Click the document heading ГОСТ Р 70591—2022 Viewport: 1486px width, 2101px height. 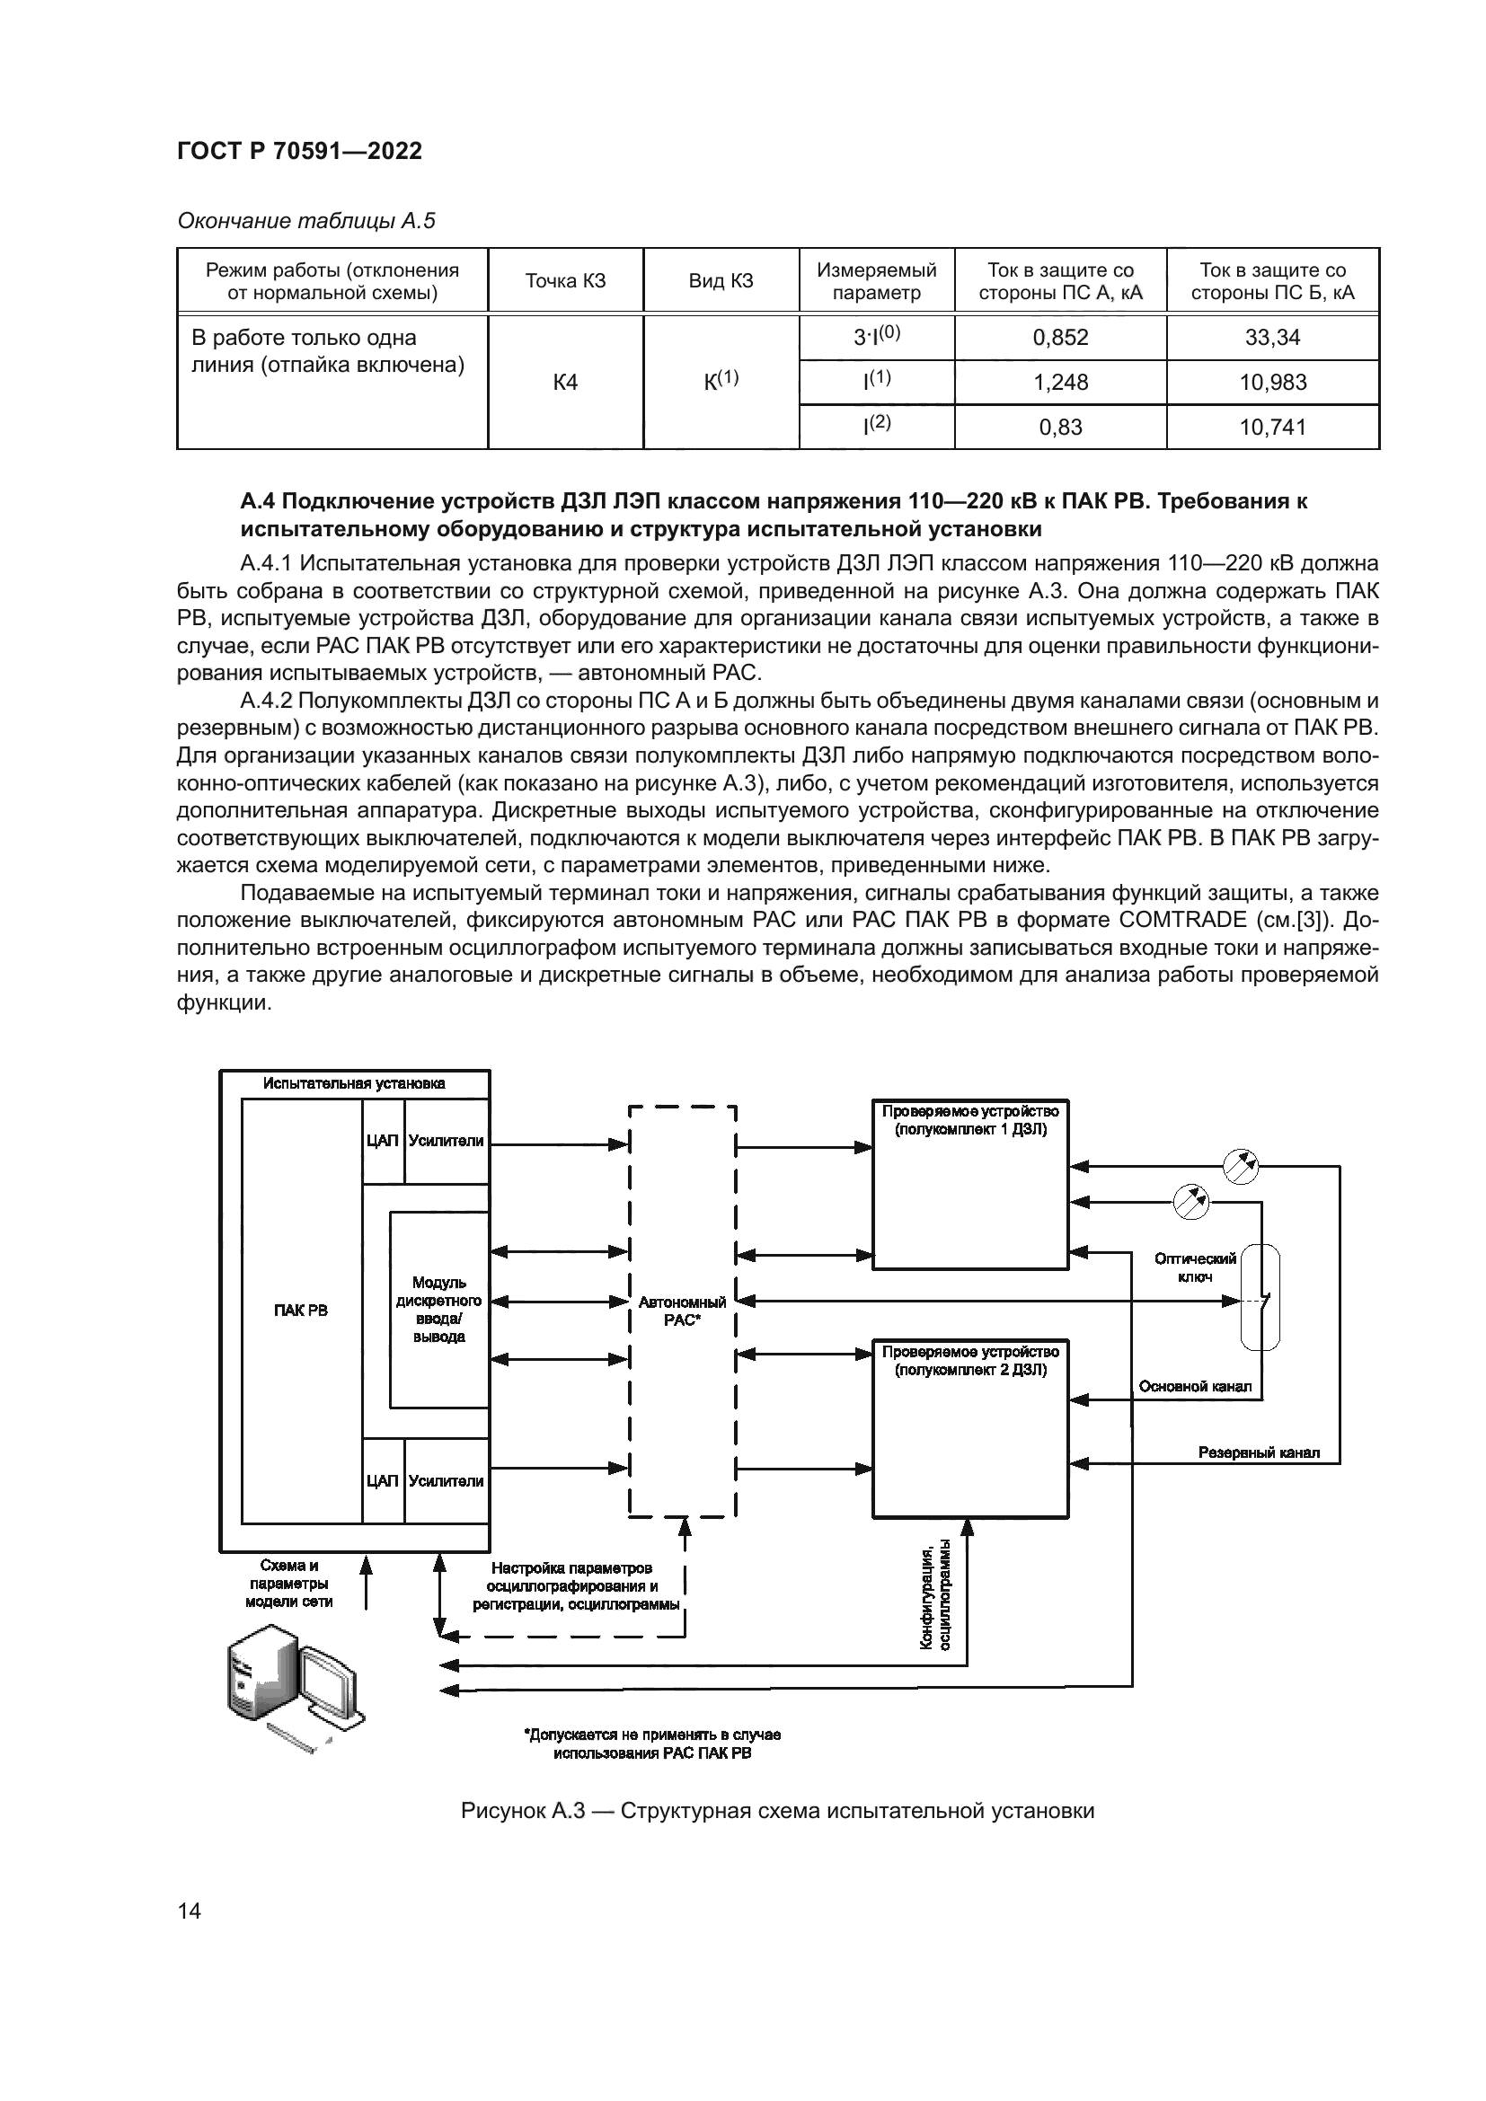299,151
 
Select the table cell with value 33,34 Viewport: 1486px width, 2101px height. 1272,338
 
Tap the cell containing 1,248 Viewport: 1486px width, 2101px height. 1060,383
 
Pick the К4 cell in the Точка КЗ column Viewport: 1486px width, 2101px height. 565,383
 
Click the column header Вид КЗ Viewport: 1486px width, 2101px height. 721,281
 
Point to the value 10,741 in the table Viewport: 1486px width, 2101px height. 1272,428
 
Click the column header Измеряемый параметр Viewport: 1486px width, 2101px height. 877,281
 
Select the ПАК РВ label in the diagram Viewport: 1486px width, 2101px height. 301,1311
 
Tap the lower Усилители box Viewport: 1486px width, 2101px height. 446,1480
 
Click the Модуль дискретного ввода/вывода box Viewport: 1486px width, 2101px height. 438,1311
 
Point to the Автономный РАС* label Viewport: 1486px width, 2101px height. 683,1311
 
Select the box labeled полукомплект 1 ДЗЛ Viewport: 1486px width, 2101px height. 970,1185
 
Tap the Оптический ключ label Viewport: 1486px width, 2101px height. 1194,1267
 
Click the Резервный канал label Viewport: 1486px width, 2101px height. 1258,1453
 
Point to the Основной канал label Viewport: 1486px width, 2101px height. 1194,1386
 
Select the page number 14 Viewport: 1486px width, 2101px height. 190,1911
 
